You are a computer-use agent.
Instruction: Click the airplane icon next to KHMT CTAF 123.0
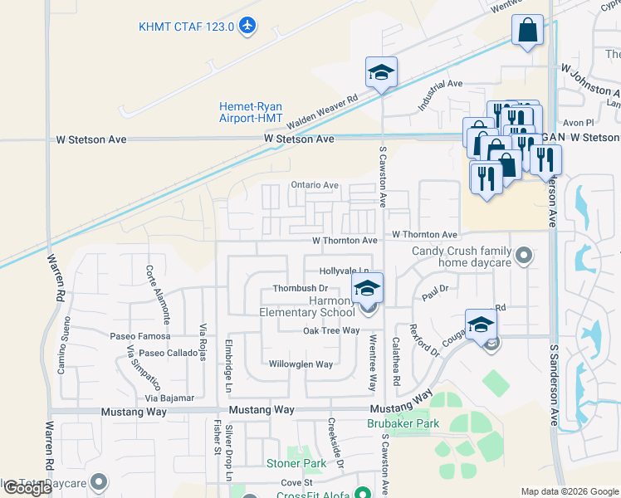[x=246, y=27]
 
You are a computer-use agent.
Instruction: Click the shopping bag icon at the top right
[x=527, y=31]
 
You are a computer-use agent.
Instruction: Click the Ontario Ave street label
[x=315, y=185]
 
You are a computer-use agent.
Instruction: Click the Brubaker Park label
[x=403, y=423]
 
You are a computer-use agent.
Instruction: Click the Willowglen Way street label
[x=301, y=364]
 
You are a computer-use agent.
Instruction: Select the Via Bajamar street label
[x=171, y=398]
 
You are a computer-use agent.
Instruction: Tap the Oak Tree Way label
[x=330, y=330]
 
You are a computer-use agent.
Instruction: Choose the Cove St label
[x=296, y=482]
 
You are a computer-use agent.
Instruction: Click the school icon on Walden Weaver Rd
[x=381, y=73]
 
